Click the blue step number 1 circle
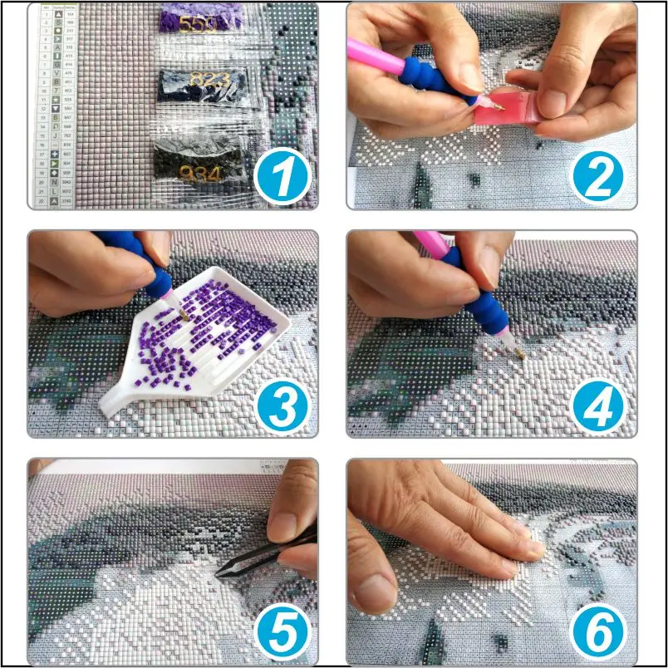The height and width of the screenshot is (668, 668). click(x=282, y=176)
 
